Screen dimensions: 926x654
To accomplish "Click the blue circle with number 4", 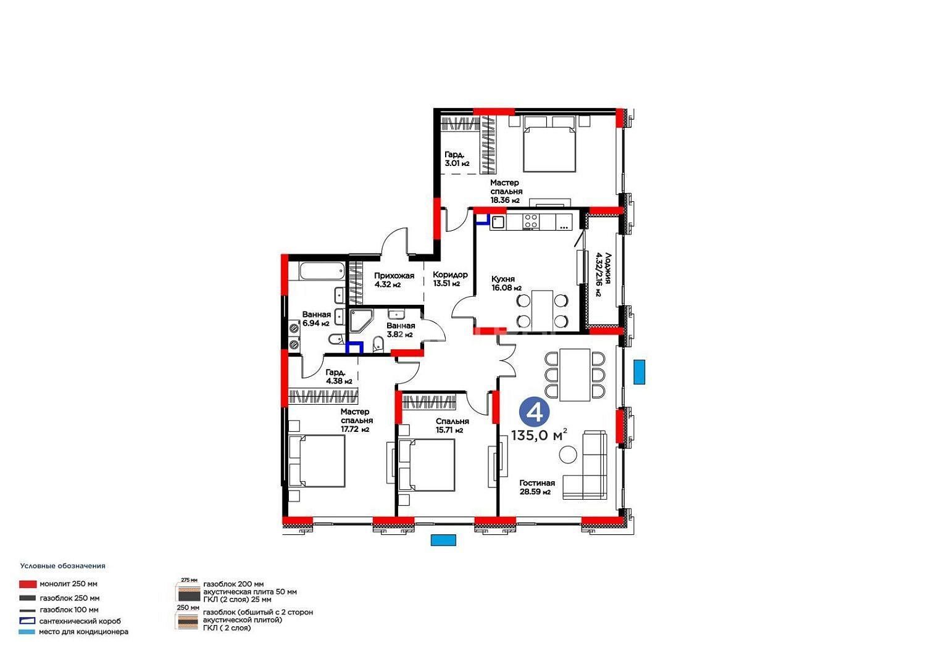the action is (x=535, y=412).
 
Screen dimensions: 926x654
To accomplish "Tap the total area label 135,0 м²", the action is (x=539, y=435).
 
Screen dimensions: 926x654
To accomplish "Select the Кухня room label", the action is (x=503, y=279).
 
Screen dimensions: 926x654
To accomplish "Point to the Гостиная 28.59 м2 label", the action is (x=537, y=487).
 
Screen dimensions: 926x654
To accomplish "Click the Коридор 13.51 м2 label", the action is (x=450, y=279).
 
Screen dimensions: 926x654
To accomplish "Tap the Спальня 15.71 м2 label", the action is (x=453, y=426).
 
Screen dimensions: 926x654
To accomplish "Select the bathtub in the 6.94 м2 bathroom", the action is (x=322, y=271).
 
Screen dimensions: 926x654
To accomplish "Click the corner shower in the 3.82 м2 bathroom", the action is (x=361, y=321).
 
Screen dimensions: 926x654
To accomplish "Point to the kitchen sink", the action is (x=498, y=222).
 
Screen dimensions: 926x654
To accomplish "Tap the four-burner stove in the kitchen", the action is (x=531, y=221).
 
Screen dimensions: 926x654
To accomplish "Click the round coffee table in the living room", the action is (x=567, y=455).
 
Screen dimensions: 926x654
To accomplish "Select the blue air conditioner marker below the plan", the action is (x=443, y=540).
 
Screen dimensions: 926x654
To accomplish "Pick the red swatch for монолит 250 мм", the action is (x=27, y=584).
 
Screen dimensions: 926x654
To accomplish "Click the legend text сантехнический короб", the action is (x=80, y=621).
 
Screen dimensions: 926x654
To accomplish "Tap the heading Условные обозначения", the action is (x=63, y=566).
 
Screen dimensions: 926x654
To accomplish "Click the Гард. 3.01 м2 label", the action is (x=457, y=159).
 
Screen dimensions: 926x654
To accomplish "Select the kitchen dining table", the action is (x=542, y=311).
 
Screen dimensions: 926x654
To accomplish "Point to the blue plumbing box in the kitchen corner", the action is (x=483, y=219).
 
